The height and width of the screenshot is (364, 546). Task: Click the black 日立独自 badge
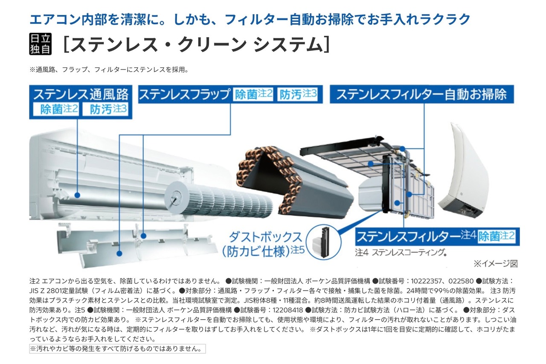tap(41, 44)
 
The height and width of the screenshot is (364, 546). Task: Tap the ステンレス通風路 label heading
tap(81, 94)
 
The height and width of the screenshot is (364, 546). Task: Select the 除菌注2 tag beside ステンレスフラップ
tap(253, 94)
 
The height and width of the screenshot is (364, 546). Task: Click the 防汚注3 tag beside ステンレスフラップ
tap(298, 94)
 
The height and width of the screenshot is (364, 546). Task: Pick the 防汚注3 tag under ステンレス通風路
tap(105, 109)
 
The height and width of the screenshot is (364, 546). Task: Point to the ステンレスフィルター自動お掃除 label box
tap(422, 94)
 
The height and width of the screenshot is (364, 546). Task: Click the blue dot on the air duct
tap(77, 195)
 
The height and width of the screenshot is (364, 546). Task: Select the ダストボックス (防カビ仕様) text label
tap(263, 244)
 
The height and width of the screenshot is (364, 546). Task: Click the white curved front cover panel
tap(463, 171)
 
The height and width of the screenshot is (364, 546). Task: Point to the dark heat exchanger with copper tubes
tap(294, 183)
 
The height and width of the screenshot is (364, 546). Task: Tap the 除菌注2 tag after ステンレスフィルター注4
tap(497, 236)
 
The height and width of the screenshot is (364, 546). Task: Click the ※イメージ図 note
tap(496, 264)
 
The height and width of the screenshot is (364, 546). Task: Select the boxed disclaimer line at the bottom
tap(117, 349)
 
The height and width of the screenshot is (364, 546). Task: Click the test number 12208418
tap(288, 310)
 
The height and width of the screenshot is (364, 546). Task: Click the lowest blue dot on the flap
tap(119, 253)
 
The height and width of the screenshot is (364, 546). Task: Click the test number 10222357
tap(426, 281)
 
